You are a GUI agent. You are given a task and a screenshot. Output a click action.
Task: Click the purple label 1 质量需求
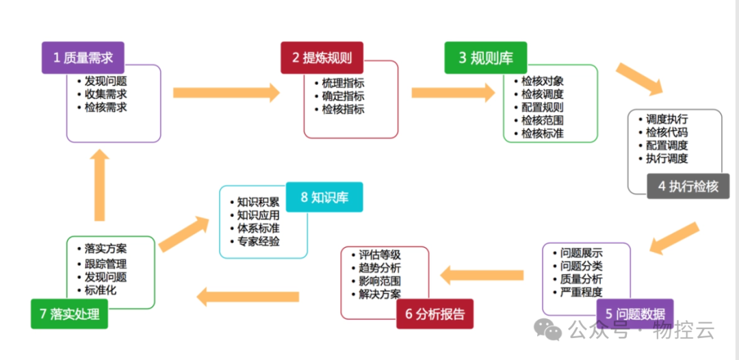click(83, 58)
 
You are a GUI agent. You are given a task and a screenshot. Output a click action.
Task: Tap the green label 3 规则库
click(485, 58)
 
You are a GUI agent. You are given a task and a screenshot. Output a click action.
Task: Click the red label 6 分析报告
click(435, 314)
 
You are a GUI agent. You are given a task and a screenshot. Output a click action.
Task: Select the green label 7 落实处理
click(69, 314)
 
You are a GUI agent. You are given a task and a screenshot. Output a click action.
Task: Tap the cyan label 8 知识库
click(324, 198)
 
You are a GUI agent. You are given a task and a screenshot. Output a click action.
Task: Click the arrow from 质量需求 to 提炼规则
click(226, 93)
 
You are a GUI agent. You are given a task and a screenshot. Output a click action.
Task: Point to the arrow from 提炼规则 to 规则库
click(452, 93)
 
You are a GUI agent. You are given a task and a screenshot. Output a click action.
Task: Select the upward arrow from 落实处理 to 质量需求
click(100, 185)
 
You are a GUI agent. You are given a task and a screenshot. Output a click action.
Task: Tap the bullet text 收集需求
click(105, 94)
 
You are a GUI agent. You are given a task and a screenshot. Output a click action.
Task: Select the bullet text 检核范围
click(542, 120)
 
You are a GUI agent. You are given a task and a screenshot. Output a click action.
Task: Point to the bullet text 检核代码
click(666, 132)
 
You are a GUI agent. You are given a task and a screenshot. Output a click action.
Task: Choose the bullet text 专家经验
click(258, 241)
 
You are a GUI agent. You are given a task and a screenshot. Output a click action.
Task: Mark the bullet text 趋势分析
click(380, 268)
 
